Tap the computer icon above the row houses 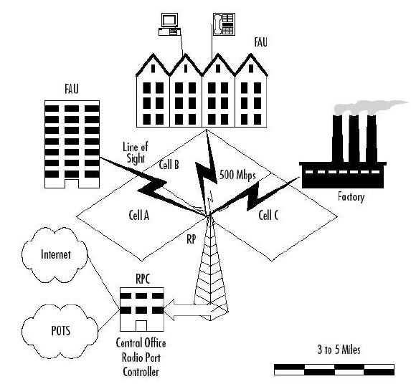169,24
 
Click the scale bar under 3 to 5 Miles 334,369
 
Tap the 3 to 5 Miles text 334,351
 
